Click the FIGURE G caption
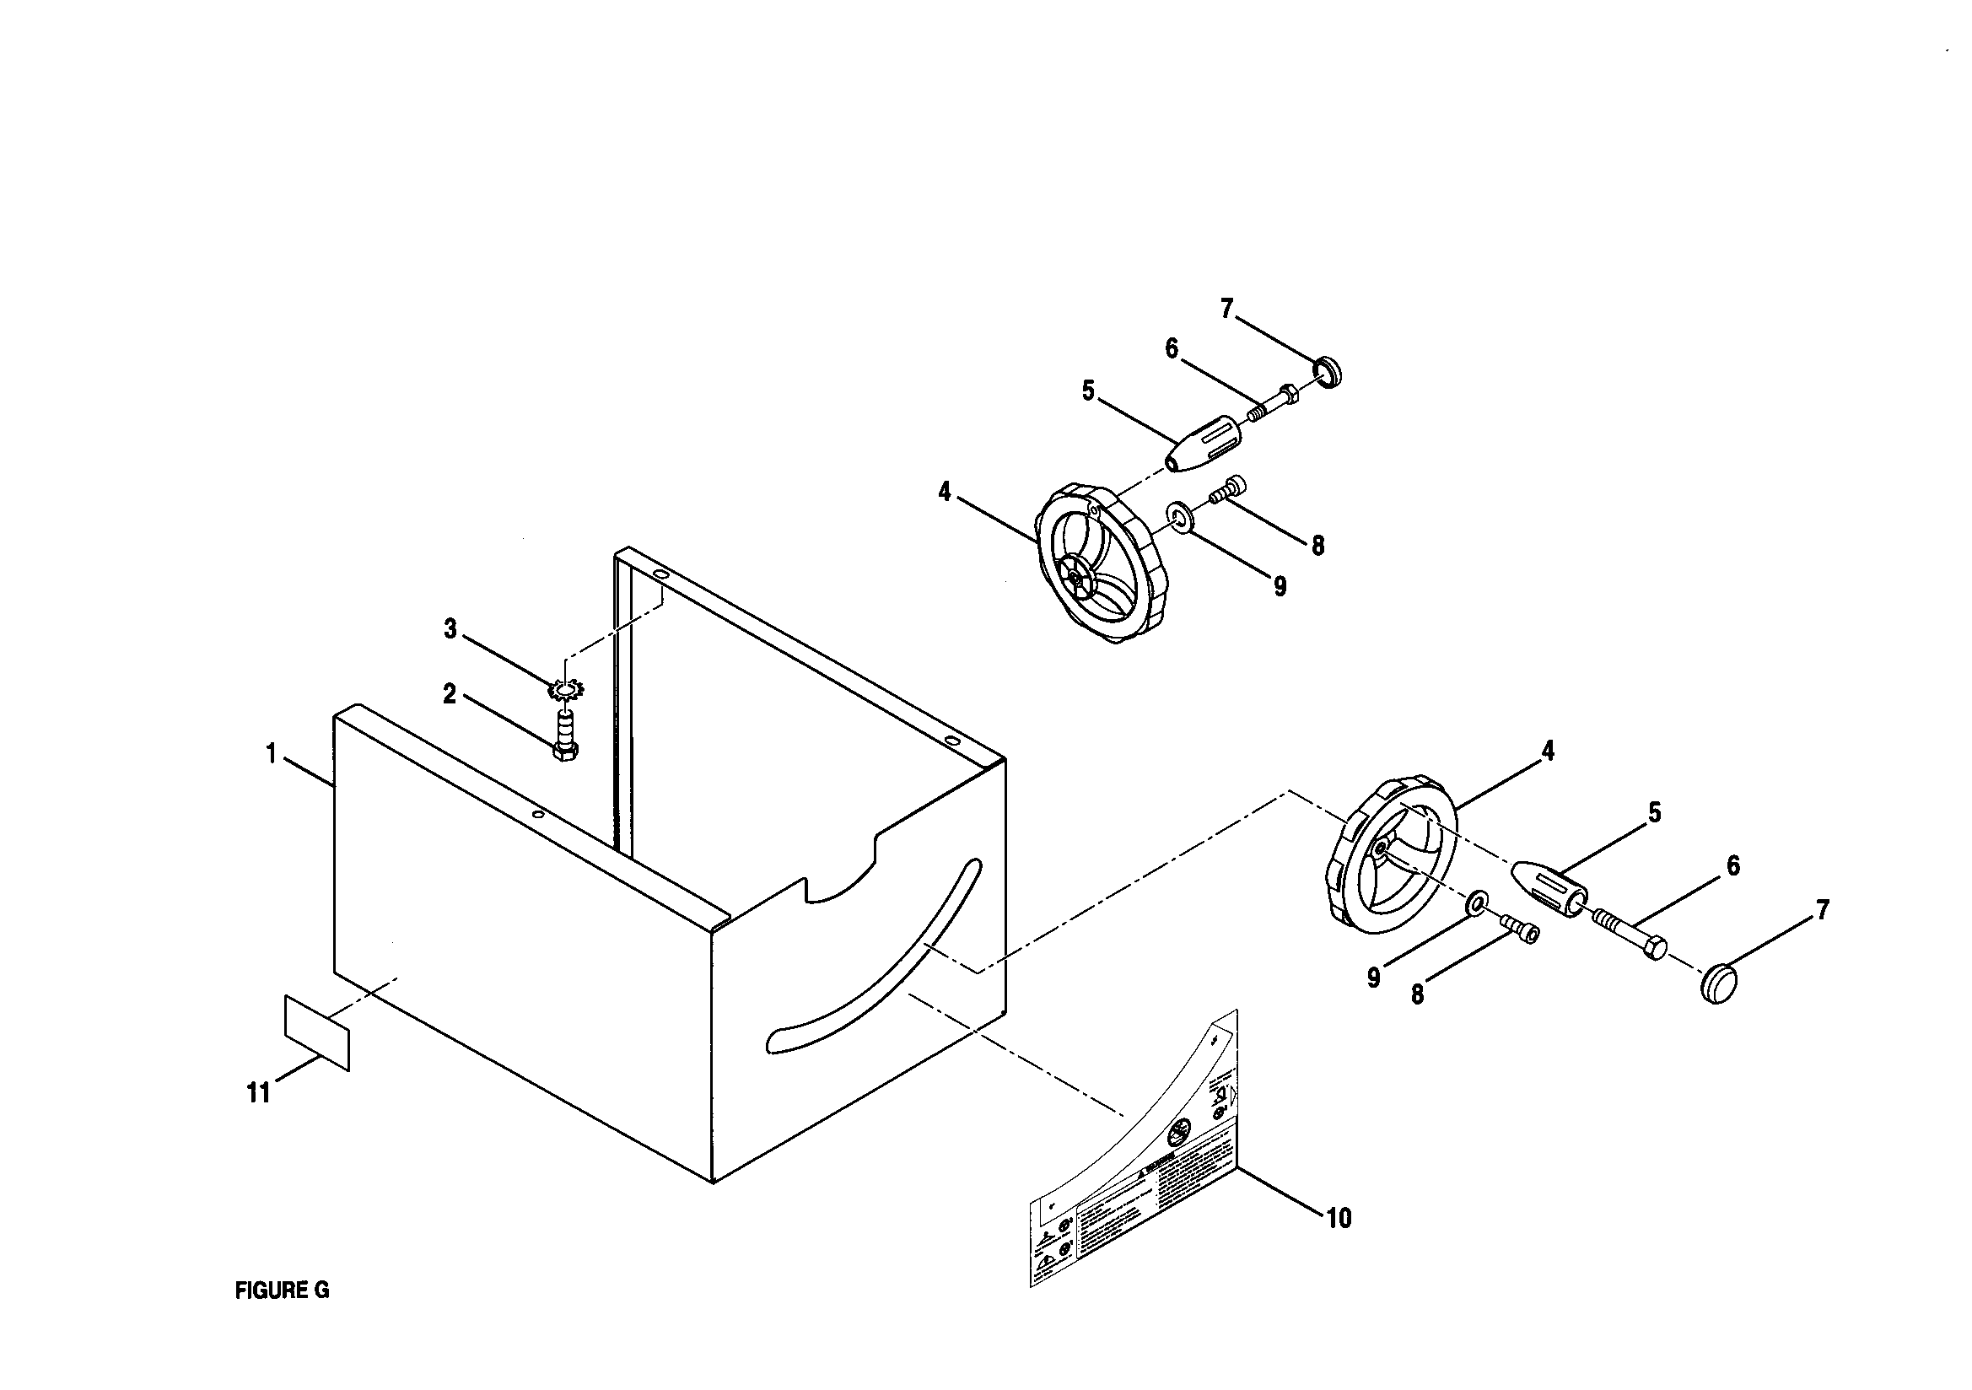[x=282, y=1290]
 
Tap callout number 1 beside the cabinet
[x=272, y=754]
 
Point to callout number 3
[x=450, y=629]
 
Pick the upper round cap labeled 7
[x=1329, y=373]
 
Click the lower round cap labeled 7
[x=1719, y=982]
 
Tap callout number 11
[x=259, y=1093]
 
